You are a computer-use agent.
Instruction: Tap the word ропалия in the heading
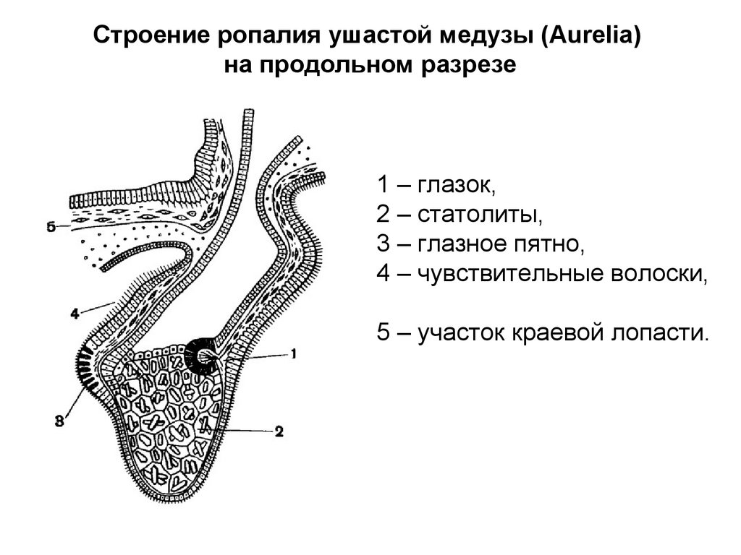tap(265, 36)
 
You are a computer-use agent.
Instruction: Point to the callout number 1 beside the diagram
tap(294, 353)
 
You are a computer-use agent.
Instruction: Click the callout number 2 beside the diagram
tap(279, 431)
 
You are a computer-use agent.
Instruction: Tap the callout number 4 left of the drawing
tap(75, 314)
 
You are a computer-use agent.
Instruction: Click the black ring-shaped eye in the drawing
tap(202, 355)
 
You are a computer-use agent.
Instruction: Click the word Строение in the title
tap(143, 36)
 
